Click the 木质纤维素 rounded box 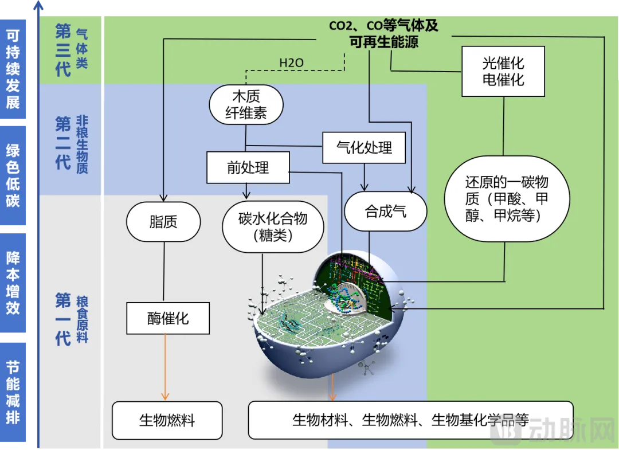point(246,104)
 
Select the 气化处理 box point(364,148)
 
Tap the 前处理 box point(248,167)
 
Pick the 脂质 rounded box point(163,222)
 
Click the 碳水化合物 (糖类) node point(273,226)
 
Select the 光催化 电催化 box point(503,71)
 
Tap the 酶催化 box point(168,319)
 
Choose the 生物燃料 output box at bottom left point(167,420)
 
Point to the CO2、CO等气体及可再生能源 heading point(383,34)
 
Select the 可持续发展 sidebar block point(13,69)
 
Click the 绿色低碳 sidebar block point(13,175)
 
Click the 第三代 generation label point(62,50)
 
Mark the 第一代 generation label point(62,319)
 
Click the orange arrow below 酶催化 point(165,367)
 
